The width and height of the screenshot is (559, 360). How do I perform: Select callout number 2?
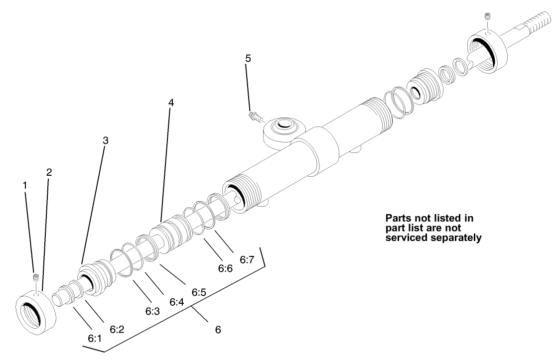[49, 173]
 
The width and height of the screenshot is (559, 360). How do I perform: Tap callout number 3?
[105, 141]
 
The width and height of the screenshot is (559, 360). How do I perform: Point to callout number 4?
[171, 103]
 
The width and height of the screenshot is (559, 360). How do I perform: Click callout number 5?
[248, 58]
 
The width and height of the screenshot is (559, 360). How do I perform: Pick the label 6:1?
[95, 338]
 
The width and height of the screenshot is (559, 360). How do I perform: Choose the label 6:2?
[117, 329]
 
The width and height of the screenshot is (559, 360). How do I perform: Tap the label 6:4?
[176, 302]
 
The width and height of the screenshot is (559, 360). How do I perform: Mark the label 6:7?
[247, 259]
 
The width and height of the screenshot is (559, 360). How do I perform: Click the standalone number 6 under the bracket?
[218, 329]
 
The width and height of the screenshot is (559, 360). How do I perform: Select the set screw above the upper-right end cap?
[487, 19]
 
